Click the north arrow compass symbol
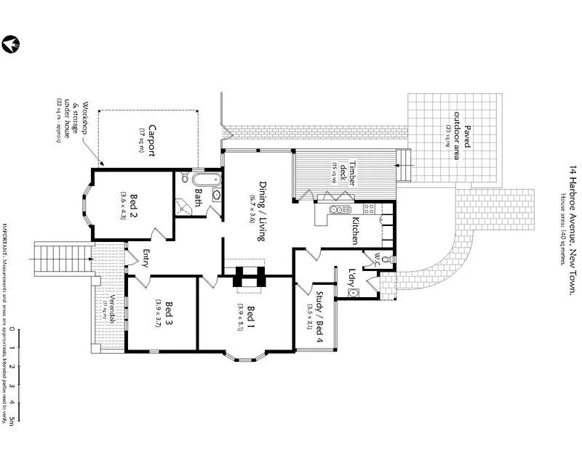pyautogui.click(x=9, y=44)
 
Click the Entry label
pyautogui.click(x=145, y=259)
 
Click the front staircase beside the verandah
pyautogui.click(x=57, y=256)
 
